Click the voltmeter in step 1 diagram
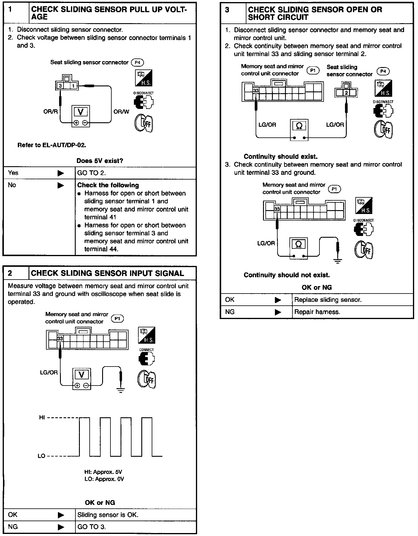[x=80, y=116]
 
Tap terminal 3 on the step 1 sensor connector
[x=60, y=86]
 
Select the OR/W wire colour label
[x=121, y=112]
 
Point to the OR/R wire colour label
[x=50, y=112]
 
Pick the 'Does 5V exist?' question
[x=100, y=161]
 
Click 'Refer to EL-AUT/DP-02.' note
[x=52, y=145]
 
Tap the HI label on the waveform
[x=42, y=418]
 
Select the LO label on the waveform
[x=41, y=456]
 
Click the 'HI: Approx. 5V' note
[x=103, y=472]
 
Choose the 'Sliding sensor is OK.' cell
[x=108, y=515]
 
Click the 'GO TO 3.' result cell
[x=91, y=527]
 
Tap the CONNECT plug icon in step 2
[x=146, y=358]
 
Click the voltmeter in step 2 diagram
[x=82, y=378]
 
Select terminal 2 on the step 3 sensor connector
[x=346, y=93]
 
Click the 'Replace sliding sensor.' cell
[x=328, y=300]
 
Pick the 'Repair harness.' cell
[x=317, y=312]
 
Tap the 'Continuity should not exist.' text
[x=286, y=275]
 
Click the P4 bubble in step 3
[x=383, y=71]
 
